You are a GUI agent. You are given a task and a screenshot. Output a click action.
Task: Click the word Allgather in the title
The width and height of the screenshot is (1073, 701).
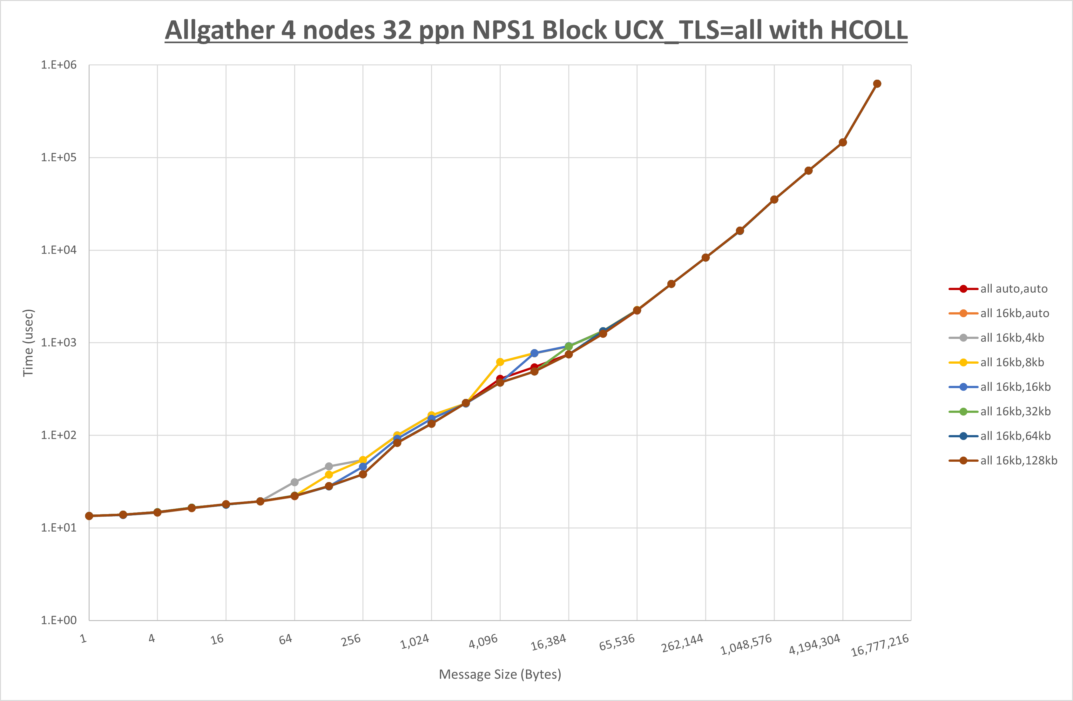tap(219, 31)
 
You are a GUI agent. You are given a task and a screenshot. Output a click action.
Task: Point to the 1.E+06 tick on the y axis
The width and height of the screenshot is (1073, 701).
tap(59, 65)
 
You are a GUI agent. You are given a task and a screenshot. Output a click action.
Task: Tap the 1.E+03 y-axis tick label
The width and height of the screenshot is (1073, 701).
tap(59, 342)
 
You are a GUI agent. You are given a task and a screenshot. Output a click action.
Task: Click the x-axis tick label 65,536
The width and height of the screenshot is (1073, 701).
tap(617, 642)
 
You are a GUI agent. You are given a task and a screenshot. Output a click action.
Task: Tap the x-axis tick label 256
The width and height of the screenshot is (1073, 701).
tap(351, 640)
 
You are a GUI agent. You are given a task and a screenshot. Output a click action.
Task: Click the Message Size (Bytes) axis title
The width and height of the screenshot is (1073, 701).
tap(500, 674)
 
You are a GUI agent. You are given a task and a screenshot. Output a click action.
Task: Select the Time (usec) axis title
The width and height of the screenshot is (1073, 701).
tap(28, 342)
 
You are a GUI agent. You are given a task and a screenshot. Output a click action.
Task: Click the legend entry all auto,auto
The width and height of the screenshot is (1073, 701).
tap(1014, 289)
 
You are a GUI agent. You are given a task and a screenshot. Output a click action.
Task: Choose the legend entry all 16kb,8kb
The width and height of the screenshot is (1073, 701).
tap(1012, 362)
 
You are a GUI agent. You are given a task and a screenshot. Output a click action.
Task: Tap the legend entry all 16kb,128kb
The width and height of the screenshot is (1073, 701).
tap(1018, 460)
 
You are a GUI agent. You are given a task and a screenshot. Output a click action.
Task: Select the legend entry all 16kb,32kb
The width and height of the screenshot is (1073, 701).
tap(1015, 411)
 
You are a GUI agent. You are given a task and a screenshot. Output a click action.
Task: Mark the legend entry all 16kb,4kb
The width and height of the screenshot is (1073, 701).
tap(1012, 338)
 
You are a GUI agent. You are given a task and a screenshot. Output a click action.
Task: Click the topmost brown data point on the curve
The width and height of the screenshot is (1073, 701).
tap(877, 84)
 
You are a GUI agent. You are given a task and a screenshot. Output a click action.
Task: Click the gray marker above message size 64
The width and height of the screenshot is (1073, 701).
tap(294, 482)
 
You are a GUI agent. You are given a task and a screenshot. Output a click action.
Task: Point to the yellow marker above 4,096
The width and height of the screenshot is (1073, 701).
tap(500, 362)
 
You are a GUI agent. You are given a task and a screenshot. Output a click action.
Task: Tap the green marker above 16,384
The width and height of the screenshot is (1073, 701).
tap(569, 346)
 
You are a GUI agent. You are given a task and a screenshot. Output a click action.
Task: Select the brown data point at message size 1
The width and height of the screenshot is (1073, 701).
tap(89, 516)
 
